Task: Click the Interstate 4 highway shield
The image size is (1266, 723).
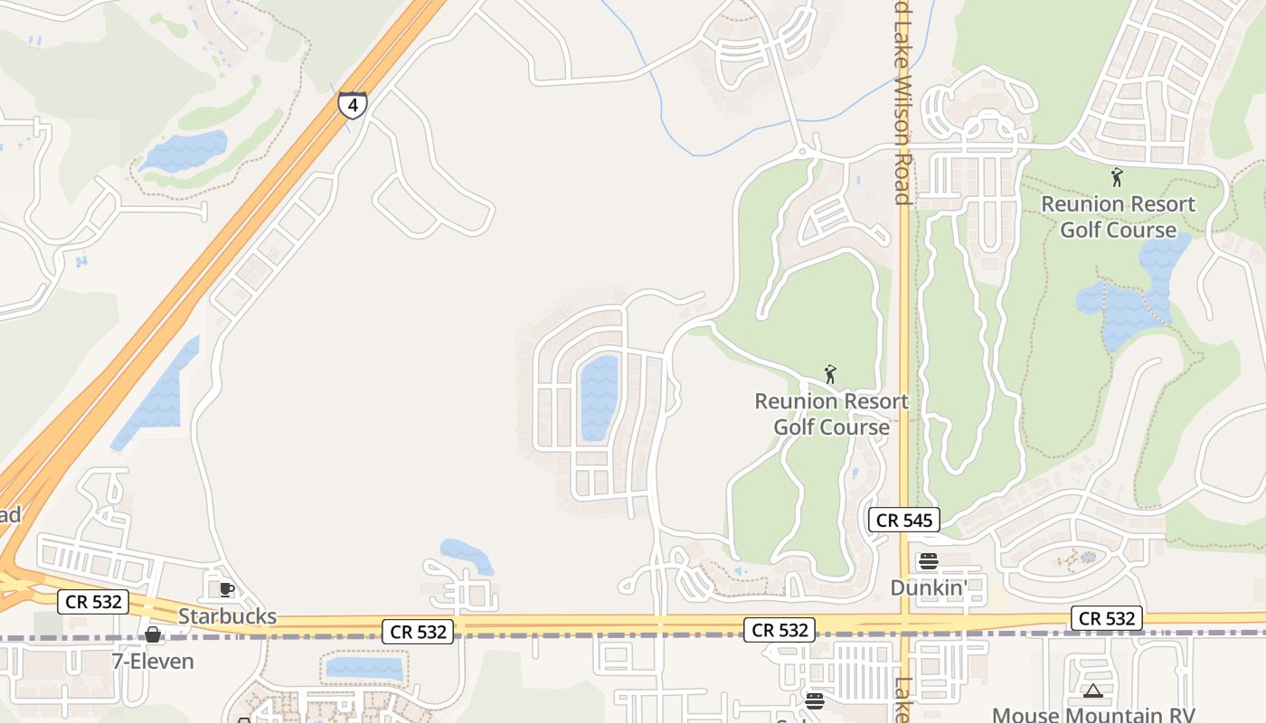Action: [x=353, y=105]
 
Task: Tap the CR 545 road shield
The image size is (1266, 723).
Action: [x=904, y=520]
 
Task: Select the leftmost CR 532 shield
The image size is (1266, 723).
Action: [x=93, y=601]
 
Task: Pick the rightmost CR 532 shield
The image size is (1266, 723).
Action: [x=1107, y=618]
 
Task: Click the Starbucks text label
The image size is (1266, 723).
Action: [x=227, y=616]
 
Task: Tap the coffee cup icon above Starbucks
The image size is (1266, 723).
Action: [x=226, y=590]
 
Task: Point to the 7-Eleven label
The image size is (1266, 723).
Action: [x=153, y=662]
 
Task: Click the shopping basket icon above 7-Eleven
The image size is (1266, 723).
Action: [x=153, y=634]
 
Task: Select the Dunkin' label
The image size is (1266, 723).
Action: [x=929, y=587]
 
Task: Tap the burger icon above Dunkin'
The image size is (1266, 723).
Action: [x=929, y=561]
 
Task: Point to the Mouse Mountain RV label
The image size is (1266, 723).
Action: [x=1093, y=715]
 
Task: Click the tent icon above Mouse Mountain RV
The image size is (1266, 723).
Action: [x=1092, y=692]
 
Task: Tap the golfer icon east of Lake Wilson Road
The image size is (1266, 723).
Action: [x=1117, y=177]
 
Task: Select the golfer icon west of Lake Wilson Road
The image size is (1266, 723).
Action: [x=830, y=373]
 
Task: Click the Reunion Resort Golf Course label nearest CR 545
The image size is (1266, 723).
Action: [x=831, y=413]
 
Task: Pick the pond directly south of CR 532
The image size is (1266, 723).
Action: [x=364, y=669]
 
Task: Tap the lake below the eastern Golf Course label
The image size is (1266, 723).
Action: [x=1130, y=294]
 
